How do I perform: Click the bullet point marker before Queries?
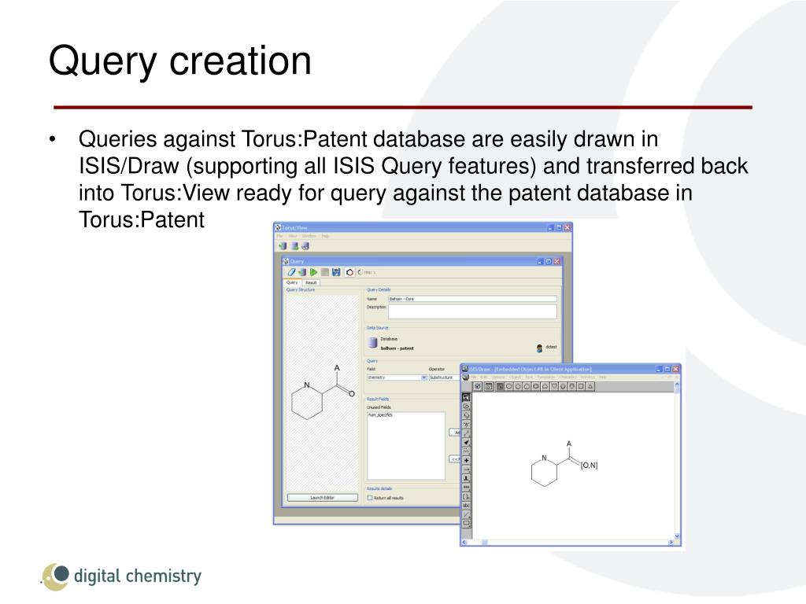pos(53,141)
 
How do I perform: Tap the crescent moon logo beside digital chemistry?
pos(55,576)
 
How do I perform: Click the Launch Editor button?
pos(322,497)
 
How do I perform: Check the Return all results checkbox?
pos(370,497)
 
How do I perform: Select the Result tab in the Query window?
pos(311,282)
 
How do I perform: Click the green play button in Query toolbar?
pos(313,272)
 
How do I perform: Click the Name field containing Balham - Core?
pos(472,299)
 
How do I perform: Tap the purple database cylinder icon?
pos(373,343)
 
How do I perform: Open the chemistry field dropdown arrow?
pos(423,377)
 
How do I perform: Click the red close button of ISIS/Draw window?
pos(675,368)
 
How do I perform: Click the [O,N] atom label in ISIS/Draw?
pos(589,466)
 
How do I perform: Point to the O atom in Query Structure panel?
pos(351,393)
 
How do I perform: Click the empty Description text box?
pos(472,311)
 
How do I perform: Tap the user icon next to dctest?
pos(539,348)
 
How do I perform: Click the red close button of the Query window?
pos(556,261)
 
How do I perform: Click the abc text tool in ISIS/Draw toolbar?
pos(466,505)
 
